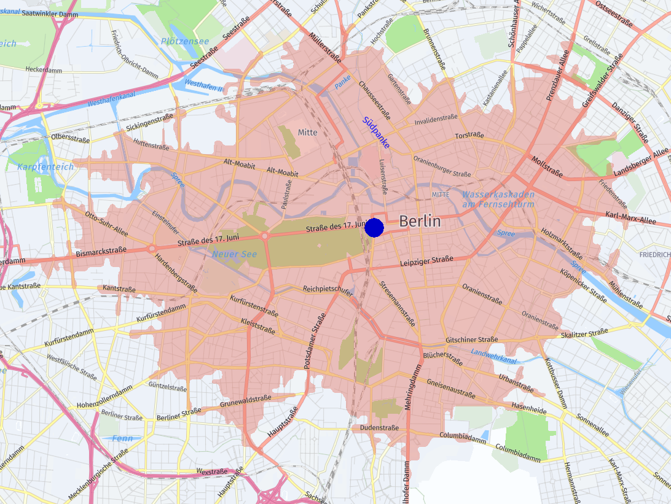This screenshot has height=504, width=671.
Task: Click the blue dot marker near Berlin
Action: pos(374,228)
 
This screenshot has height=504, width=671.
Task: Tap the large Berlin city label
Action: pos(420,222)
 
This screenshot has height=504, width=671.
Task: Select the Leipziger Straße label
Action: pos(426,261)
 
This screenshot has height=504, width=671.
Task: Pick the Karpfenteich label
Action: pos(45,167)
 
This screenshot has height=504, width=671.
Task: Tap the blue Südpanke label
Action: pos(376,133)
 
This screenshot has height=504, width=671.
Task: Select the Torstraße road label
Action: pos(469,135)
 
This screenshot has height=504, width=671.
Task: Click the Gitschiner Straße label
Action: pos(471,340)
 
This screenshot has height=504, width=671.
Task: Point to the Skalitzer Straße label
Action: pos(584,334)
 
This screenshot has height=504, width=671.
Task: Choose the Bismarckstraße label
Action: pos(101,250)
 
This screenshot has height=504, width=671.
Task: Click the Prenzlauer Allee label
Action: pos(559,76)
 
